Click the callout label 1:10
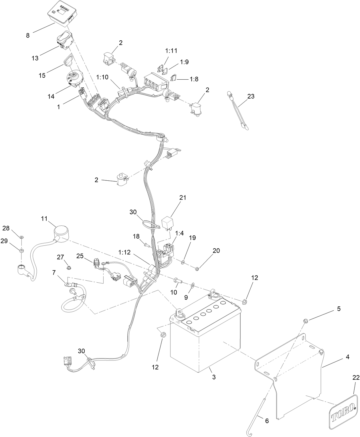point(102,77)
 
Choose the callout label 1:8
point(194,79)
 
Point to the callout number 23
point(251,97)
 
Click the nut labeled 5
point(306,320)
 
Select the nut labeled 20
point(197,269)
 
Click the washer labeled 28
point(22,237)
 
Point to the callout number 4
point(347,357)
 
